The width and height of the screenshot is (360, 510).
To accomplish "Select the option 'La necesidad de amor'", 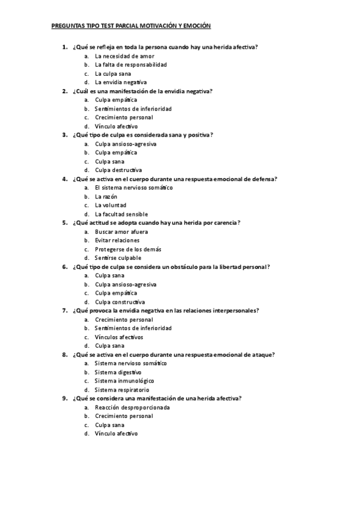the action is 120,56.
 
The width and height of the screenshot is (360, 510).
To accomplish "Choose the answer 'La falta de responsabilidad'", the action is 130,64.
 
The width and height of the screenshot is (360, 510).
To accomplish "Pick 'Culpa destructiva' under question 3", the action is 118,170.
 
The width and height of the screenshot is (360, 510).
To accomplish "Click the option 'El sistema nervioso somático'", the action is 133,188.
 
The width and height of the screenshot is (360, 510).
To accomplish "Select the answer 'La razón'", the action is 106,197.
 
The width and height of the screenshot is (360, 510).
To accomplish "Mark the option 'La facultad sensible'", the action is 121,214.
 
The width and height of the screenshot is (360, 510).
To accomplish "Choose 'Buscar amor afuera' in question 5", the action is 121,232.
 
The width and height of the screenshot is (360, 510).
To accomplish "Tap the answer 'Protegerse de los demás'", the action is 128,249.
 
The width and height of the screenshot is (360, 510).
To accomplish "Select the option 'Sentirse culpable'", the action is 118,258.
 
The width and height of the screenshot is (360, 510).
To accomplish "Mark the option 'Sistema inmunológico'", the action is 124,381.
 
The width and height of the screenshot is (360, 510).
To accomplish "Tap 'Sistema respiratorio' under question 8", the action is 122,390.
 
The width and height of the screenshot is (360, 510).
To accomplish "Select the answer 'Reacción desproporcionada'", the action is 132,408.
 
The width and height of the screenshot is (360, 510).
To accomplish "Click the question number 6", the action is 64,267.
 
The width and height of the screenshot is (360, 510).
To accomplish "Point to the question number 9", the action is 64,399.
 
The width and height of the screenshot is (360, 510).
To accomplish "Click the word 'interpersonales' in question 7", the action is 234,311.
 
